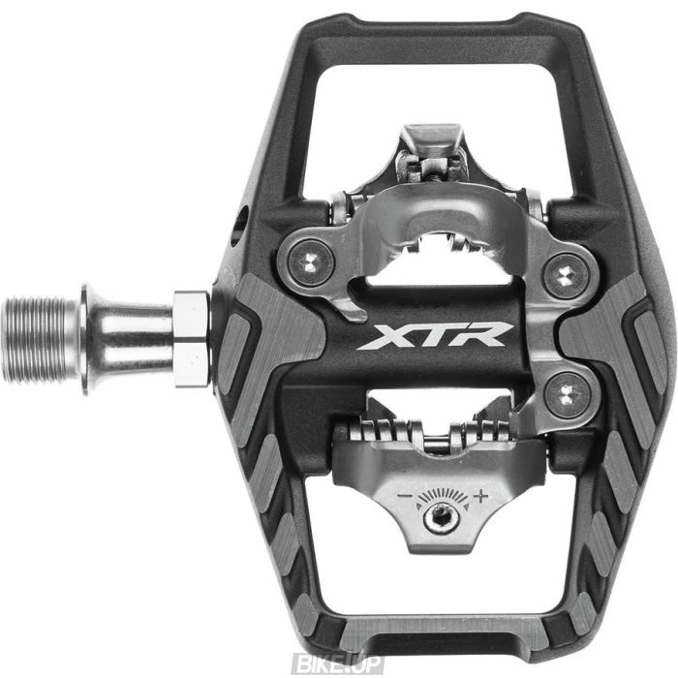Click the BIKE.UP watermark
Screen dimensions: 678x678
tap(342, 663)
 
